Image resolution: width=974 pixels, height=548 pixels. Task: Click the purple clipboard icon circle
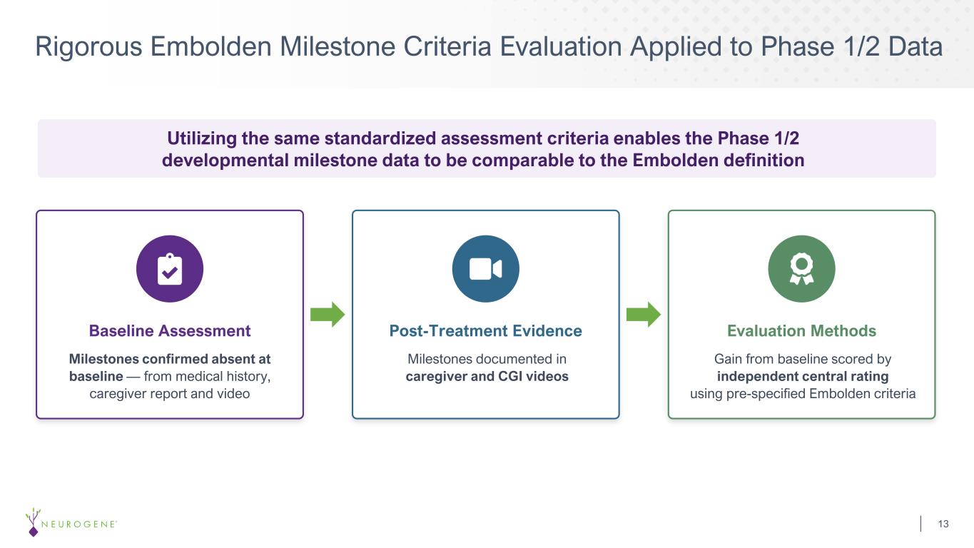click(170, 269)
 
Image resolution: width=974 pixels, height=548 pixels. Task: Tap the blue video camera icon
click(486, 269)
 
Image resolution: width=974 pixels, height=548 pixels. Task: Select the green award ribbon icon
click(802, 269)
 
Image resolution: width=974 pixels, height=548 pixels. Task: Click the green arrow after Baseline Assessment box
click(328, 314)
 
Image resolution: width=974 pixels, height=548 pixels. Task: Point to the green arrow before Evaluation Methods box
click(644, 314)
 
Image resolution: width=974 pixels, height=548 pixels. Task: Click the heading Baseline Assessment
click(170, 331)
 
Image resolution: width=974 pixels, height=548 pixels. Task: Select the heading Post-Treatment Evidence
click(486, 331)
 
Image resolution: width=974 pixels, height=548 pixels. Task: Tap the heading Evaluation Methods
click(802, 331)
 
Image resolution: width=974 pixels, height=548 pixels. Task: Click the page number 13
click(943, 524)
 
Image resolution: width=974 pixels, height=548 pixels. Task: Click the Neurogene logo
click(71, 522)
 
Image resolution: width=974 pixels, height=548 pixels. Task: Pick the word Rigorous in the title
click(88, 47)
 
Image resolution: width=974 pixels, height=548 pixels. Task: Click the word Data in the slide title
click(915, 46)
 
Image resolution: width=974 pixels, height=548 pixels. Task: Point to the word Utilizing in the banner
click(202, 138)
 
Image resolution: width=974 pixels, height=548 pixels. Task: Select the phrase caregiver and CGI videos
click(487, 376)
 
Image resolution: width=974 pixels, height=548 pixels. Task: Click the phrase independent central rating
click(803, 376)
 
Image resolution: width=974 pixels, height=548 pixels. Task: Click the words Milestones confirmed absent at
click(170, 359)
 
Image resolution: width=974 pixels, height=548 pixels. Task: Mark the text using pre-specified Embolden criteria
click(803, 394)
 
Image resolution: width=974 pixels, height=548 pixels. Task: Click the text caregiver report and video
click(170, 394)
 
